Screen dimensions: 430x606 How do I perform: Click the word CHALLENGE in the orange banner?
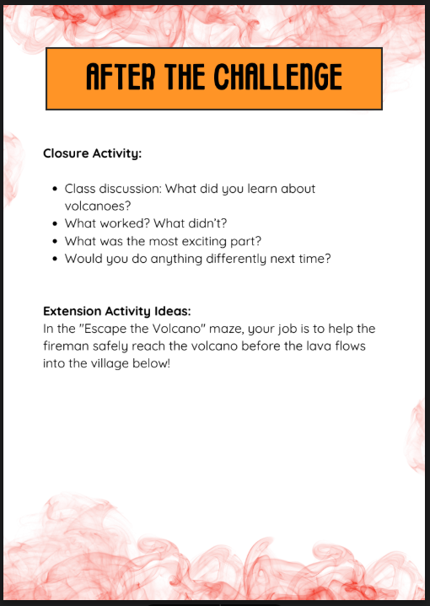pos(277,78)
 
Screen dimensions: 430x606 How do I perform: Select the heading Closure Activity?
pos(92,154)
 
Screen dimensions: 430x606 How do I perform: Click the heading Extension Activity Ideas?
pos(122,311)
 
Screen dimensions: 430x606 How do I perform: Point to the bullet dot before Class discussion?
pos(55,190)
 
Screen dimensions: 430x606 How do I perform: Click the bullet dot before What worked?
pos(55,224)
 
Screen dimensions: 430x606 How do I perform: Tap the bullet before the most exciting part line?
pos(55,242)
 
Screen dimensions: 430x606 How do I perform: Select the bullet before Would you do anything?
pos(55,260)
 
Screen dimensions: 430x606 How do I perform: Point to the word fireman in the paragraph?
pos(66,346)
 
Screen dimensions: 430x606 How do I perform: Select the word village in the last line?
pos(117,364)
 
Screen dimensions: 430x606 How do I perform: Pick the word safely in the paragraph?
pos(113,346)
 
